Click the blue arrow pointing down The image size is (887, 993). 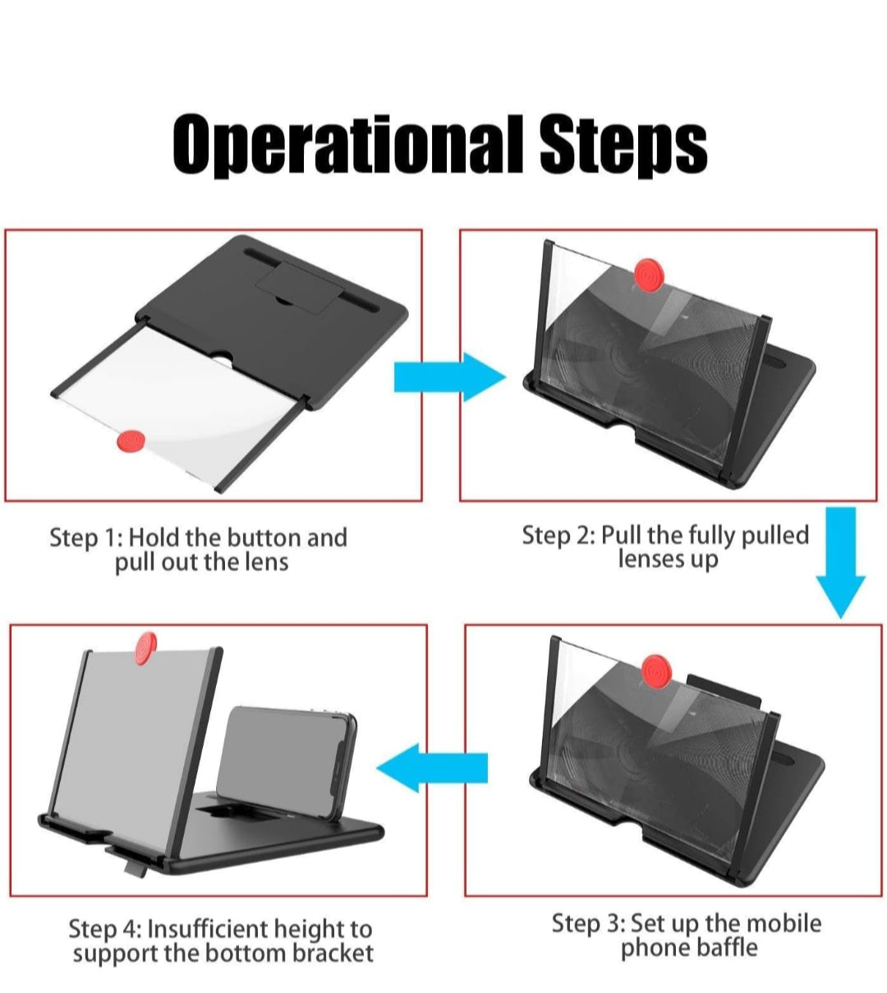(840, 563)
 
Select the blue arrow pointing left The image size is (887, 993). (432, 768)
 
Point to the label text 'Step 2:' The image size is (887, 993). (558, 535)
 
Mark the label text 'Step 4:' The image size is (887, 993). (104, 929)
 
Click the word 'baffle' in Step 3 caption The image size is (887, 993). (724, 948)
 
